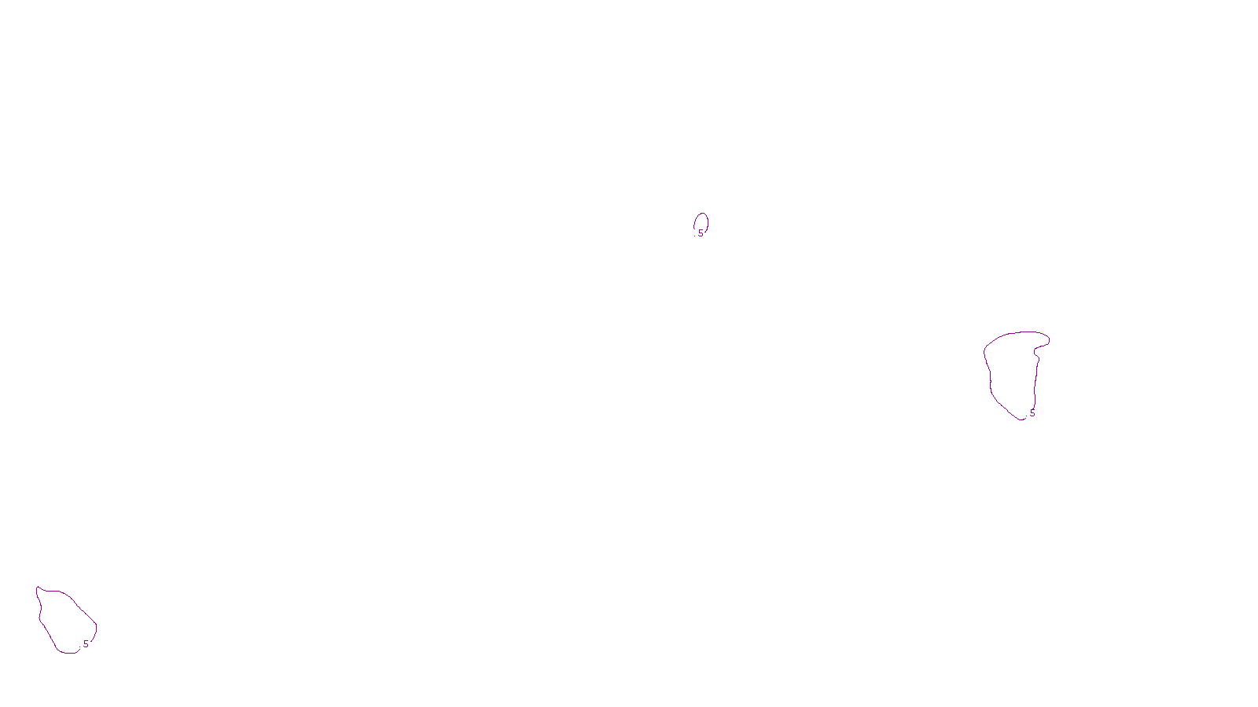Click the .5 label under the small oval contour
coord(700,233)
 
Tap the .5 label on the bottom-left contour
coord(85,644)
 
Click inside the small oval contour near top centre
coord(701,222)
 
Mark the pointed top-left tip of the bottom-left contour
coord(37,587)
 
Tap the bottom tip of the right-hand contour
coord(1022,419)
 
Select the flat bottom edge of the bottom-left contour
coord(68,652)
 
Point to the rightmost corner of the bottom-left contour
coord(97,625)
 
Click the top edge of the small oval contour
coord(701,214)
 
